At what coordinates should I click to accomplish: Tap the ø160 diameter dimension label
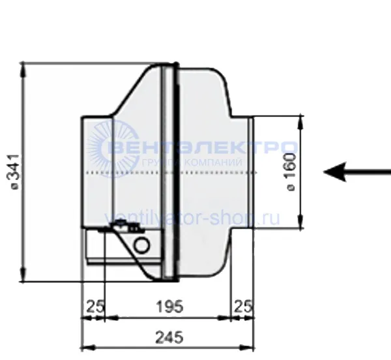click(x=291, y=172)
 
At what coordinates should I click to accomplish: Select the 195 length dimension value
click(x=169, y=307)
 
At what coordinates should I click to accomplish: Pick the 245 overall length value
click(x=169, y=337)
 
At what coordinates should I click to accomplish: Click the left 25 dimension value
click(x=95, y=307)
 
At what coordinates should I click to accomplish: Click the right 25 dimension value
click(x=243, y=307)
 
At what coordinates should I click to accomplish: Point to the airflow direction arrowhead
click(x=335, y=172)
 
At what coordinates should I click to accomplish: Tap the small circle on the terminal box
click(x=142, y=245)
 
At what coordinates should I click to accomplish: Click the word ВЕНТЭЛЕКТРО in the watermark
click(x=203, y=147)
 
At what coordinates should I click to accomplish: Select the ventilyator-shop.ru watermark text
click(x=192, y=218)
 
